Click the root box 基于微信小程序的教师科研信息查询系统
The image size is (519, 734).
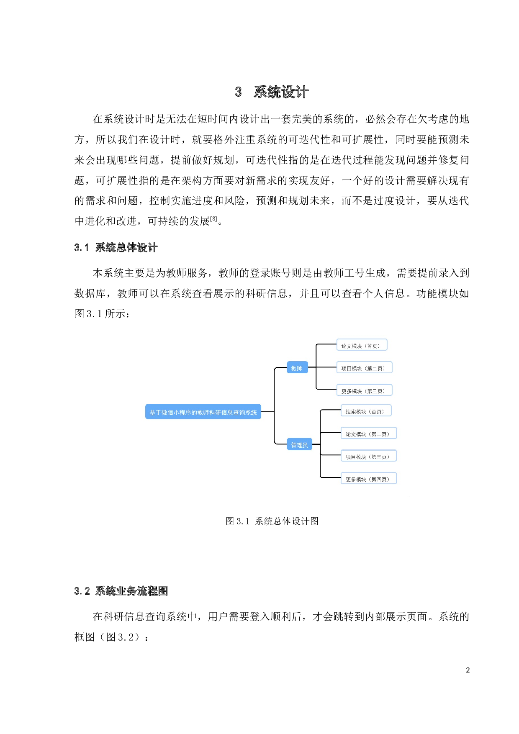203,412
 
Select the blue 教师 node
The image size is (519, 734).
297,367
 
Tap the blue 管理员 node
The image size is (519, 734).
299,444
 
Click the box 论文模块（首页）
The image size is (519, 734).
362,345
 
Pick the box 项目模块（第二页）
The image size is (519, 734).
364,368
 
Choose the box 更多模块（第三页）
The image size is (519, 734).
364,390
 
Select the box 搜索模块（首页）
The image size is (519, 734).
366,411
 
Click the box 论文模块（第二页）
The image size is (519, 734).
368,434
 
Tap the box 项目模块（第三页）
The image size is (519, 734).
368,456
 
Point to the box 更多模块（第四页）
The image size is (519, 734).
368,479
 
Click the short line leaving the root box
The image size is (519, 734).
267,412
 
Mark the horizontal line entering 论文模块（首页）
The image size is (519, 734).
327,344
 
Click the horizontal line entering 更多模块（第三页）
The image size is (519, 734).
327,390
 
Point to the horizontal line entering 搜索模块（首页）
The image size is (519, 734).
331,410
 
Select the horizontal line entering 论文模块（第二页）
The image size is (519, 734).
331,433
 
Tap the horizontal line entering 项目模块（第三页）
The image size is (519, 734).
331,455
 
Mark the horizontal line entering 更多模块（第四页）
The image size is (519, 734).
331,477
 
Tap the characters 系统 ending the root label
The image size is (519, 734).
251,413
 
